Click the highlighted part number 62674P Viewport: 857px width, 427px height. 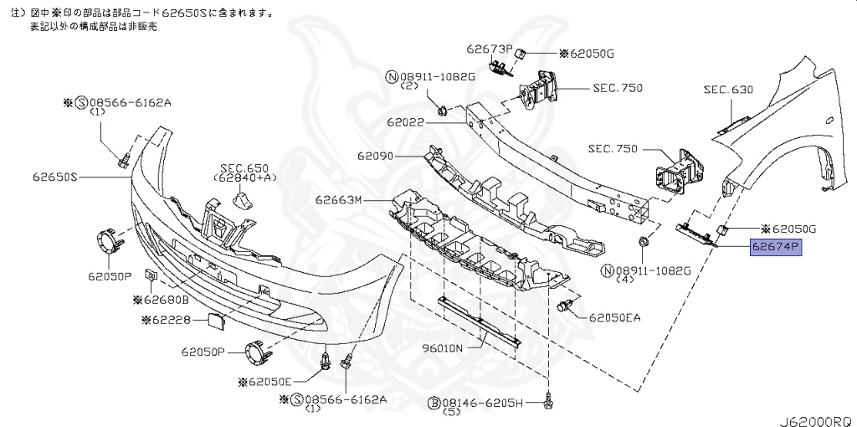pos(775,248)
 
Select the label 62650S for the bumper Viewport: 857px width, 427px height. pos(56,177)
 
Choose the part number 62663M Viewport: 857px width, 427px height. pos(338,201)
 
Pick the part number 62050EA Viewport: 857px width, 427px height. pos(615,318)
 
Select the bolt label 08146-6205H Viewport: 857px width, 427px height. pos(482,404)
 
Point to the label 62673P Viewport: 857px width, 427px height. pos(489,49)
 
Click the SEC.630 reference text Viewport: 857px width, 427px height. pos(728,90)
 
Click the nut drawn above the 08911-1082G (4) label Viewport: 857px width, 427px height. pos(643,243)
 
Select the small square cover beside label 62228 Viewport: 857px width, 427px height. pos(213,321)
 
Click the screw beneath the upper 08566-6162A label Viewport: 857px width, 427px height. pos(124,157)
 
